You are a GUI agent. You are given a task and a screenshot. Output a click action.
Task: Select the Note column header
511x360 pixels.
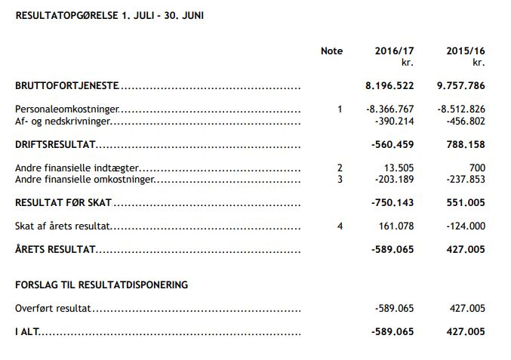pyautogui.click(x=331, y=51)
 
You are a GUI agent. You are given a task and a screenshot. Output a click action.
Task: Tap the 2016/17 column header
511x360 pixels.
pyautogui.click(x=394, y=51)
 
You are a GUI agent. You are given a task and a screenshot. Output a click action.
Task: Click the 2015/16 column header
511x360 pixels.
pyautogui.click(x=465, y=51)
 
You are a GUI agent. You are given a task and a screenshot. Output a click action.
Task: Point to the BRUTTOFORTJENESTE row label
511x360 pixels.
pyautogui.click(x=67, y=87)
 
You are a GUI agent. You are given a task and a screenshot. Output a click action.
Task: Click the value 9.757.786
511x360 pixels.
pyautogui.click(x=460, y=87)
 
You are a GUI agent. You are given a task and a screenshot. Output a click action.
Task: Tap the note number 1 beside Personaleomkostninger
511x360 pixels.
pyautogui.click(x=340, y=109)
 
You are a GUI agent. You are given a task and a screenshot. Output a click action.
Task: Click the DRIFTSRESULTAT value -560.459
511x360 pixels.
pyautogui.click(x=392, y=144)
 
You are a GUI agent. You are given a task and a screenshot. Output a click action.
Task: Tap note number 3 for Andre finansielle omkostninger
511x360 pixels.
pyautogui.click(x=340, y=179)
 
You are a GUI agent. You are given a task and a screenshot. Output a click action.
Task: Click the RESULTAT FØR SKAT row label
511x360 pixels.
pyautogui.click(x=63, y=202)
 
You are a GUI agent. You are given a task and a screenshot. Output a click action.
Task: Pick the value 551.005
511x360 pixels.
pyautogui.click(x=466, y=202)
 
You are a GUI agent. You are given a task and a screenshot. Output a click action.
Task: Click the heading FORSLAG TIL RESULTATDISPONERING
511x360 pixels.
pyautogui.click(x=101, y=285)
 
